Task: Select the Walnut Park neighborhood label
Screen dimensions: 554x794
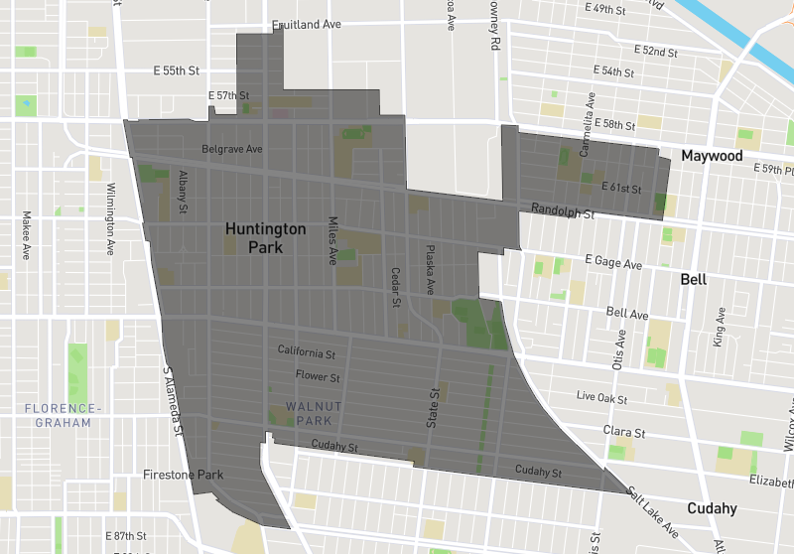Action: (x=314, y=413)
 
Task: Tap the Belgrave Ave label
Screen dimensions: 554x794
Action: (x=231, y=149)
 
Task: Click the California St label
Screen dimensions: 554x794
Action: (x=307, y=352)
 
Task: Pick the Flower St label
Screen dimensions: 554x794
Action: (x=318, y=377)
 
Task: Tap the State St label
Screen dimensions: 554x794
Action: (x=433, y=408)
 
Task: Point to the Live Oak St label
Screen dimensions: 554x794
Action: (x=604, y=396)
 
